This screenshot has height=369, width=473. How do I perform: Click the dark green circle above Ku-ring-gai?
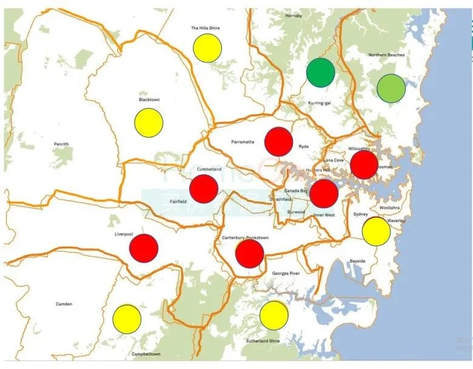321,72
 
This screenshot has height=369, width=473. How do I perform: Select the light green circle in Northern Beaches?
391,88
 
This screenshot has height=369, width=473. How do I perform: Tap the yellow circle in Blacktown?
149,122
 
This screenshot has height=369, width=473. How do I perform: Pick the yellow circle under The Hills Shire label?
207,48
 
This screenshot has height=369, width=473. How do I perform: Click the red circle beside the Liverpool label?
144,248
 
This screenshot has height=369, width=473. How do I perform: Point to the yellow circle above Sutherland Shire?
273,315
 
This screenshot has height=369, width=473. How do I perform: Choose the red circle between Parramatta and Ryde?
278,141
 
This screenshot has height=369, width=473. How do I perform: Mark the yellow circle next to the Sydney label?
376,231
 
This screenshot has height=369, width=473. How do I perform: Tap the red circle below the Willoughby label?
364,164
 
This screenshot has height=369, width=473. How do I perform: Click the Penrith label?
61,144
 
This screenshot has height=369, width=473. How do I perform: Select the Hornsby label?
294,16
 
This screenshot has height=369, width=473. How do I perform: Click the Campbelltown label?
146,354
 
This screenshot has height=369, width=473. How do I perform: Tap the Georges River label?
286,274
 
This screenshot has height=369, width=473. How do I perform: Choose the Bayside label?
357,261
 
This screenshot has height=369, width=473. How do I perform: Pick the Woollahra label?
389,208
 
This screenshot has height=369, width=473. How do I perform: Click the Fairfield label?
178,201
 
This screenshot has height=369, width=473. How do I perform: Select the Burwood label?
296,212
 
